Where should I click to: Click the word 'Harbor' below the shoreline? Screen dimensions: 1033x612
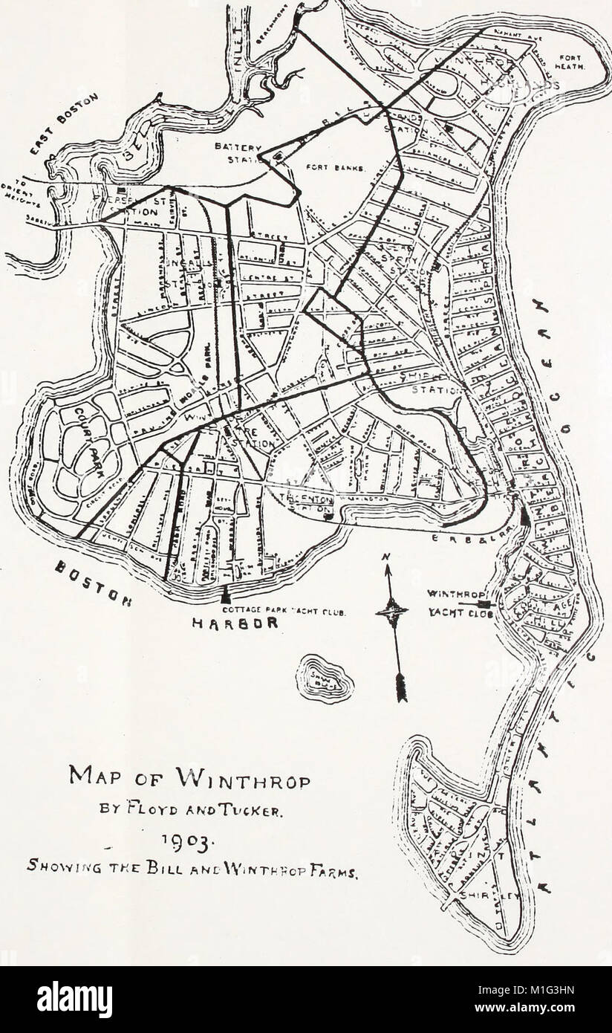click(x=234, y=624)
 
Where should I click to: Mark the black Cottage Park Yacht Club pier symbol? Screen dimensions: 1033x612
click(x=226, y=595)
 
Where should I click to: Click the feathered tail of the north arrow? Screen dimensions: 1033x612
click(x=402, y=687)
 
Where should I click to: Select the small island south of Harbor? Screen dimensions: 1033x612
click(x=325, y=677)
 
